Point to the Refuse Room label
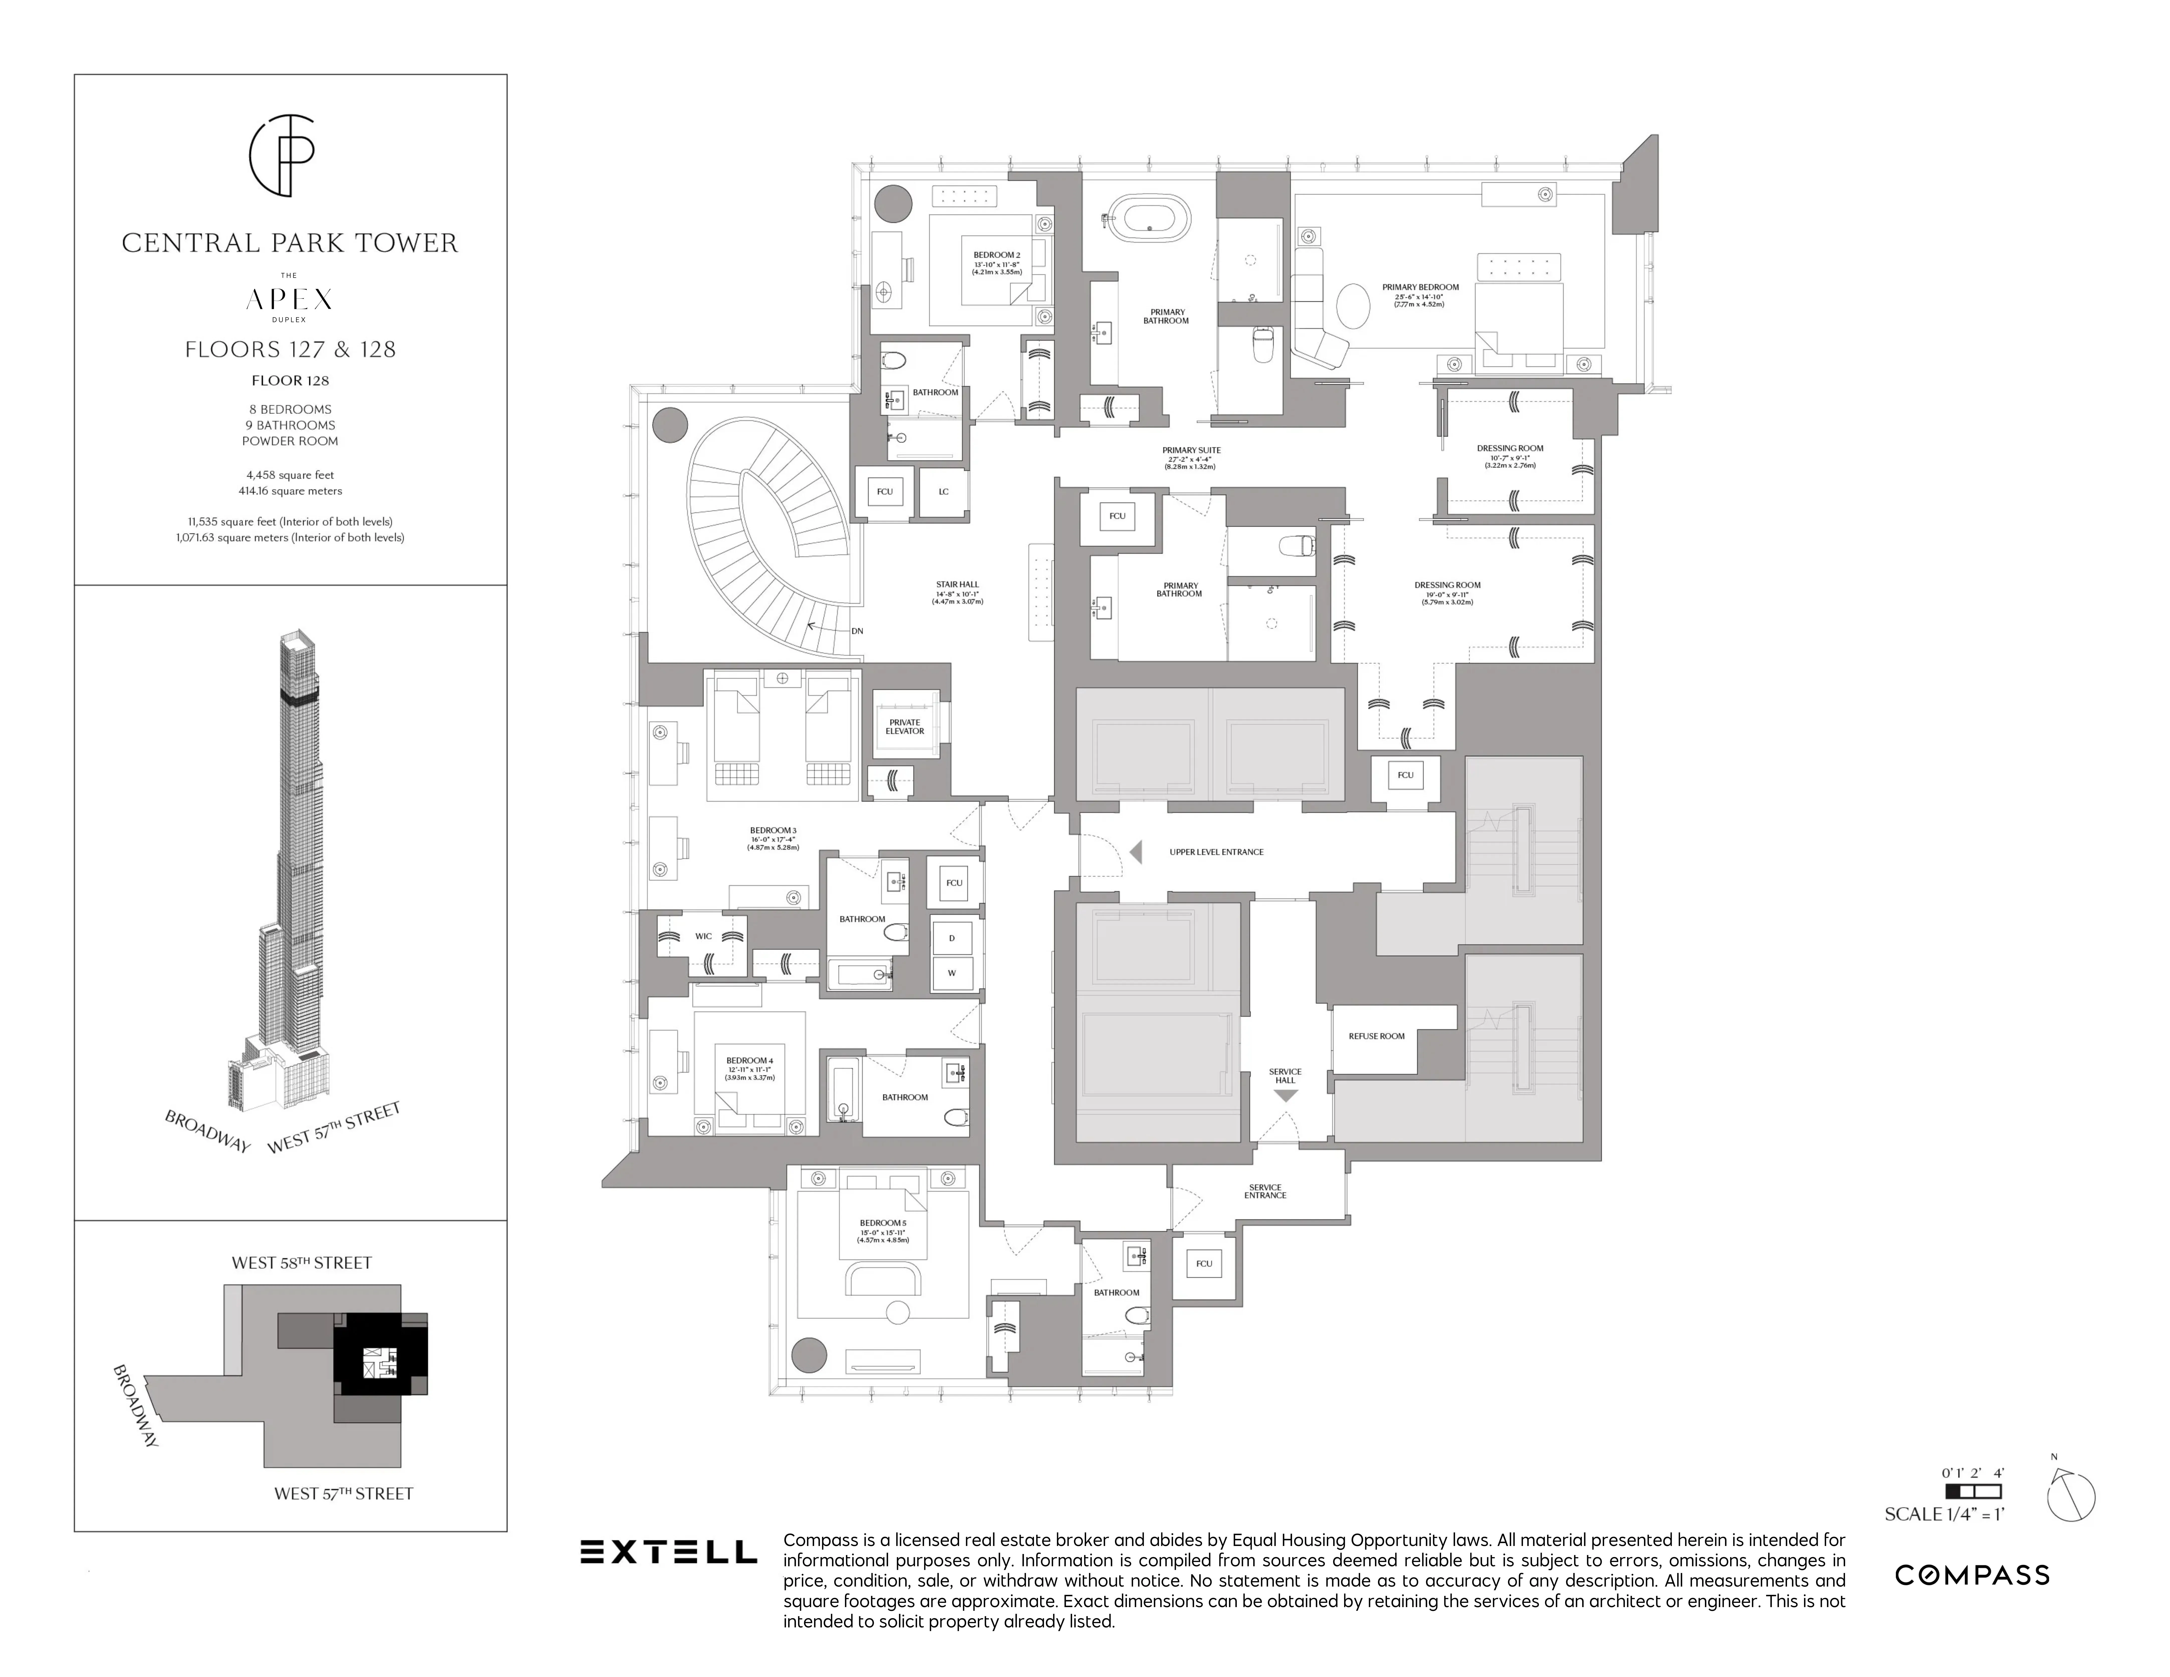[x=1376, y=1036]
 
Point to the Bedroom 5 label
[x=882, y=1223]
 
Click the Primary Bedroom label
[x=1420, y=287]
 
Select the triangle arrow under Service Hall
[x=1286, y=1096]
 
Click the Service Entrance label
[x=1265, y=1191]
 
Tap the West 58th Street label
[x=301, y=1263]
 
